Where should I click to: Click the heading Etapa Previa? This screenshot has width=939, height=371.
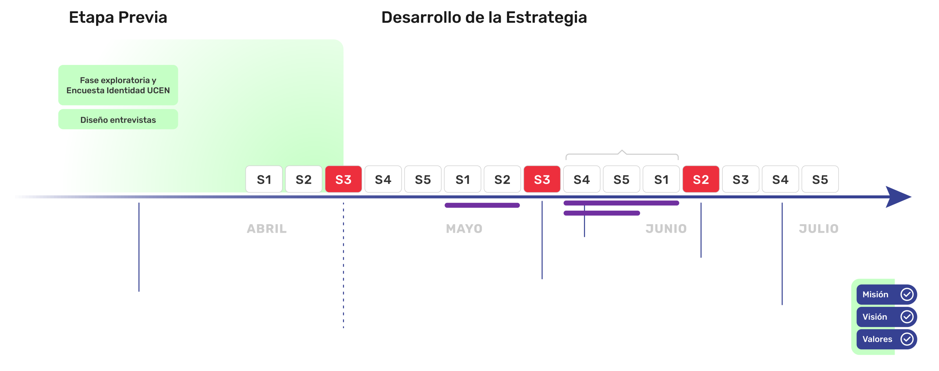click(118, 18)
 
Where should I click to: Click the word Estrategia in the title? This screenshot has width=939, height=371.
click(546, 18)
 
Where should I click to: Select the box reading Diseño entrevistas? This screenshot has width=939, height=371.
click(118, 120)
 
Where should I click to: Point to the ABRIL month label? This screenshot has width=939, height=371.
click(267, 229)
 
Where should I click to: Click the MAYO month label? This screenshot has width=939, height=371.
click(464, 229)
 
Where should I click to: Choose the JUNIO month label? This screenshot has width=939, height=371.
click(666, 229)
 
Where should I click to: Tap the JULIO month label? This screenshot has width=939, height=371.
click(819, 229)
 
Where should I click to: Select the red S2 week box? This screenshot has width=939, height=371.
click(701, 179)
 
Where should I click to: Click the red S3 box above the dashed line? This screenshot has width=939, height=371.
click(343, 179)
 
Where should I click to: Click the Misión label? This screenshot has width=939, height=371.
click(875, 294)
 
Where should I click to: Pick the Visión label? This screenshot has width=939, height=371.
click(874, 317)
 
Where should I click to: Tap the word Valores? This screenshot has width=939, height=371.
click(877, 339)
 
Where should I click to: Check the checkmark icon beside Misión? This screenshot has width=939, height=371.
click(907, 294)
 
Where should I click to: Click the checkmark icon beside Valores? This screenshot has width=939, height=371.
click(907, 339)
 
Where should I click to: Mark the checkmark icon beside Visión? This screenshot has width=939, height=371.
click(907, 317)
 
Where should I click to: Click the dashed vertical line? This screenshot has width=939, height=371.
click(343, 264)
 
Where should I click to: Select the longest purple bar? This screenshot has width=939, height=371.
click(621, 203)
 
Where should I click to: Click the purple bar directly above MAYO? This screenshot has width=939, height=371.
click(482, 205)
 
